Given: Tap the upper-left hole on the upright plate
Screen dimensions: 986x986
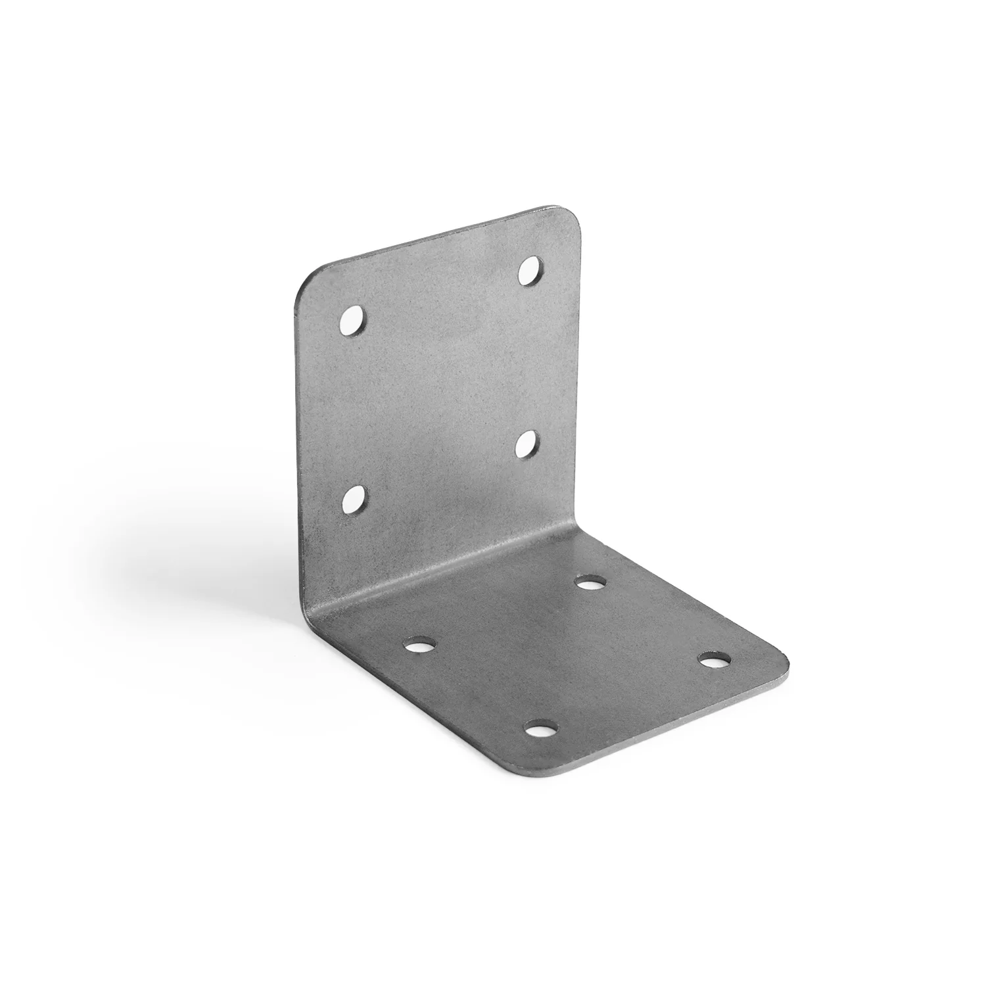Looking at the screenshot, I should [x=353, y=320].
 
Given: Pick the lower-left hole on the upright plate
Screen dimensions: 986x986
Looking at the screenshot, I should [x=354, y=502].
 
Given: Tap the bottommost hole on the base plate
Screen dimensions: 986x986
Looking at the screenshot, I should [x=541, y=728].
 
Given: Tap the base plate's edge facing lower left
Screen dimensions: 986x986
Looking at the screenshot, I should [x=394, y=697].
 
